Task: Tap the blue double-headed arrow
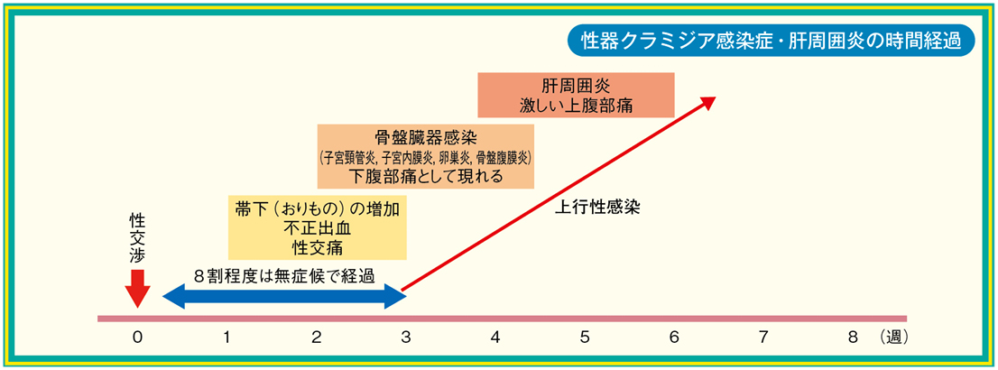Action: coord(284,295)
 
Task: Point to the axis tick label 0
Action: coord(137,338)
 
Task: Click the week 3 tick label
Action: coord(405,338)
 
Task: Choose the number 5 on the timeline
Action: coord(585,338)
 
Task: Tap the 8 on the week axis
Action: coord(854,338)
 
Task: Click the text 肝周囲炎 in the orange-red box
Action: coord(575,86)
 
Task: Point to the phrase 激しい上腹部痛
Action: coord(575,105)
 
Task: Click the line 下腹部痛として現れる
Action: coord(424,176)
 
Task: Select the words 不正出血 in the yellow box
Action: coord(317,227)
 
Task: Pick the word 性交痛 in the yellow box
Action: coord(317,245)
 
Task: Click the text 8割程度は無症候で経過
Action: coord(284,275)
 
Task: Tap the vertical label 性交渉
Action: coord(137,240)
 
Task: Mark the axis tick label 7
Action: coord(763,338)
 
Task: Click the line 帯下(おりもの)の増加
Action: coord(317,208)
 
